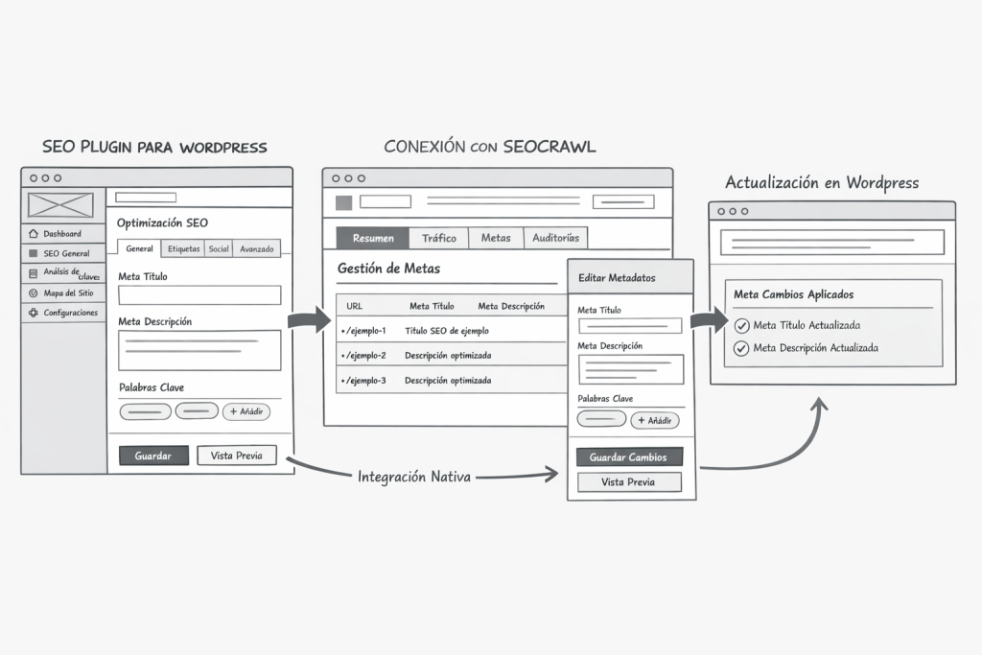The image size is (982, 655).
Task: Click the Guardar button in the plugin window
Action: [x=153, y=456]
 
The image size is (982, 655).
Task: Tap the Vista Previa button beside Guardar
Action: [x=236, y=456]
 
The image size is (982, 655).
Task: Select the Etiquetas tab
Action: [x=183, y=249]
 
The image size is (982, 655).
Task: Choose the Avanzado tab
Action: [x=256, y=249]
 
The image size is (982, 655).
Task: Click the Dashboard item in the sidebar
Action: [x=62, y=234]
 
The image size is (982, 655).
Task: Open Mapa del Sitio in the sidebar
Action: [x=68, y=292]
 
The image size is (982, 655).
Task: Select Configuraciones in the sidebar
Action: [x=70, y=313]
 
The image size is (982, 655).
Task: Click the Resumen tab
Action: [x=373, y=238]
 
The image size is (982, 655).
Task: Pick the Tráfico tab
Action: [x=439, y=238]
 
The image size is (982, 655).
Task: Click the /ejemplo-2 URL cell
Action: [x=364, y=356]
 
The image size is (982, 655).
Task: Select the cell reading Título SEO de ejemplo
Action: [x=447, y=331]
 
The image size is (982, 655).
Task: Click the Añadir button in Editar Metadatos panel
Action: [x=655, y=420]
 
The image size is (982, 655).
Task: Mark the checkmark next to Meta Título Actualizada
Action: [x=741, y=325]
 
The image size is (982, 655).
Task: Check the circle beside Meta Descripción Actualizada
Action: [x=741, y=348]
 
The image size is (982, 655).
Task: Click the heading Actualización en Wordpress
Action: [x=822, y=183]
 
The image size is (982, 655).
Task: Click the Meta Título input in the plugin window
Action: [x=199, y=295]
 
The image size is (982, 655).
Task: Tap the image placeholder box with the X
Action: [x=60, y=205]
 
